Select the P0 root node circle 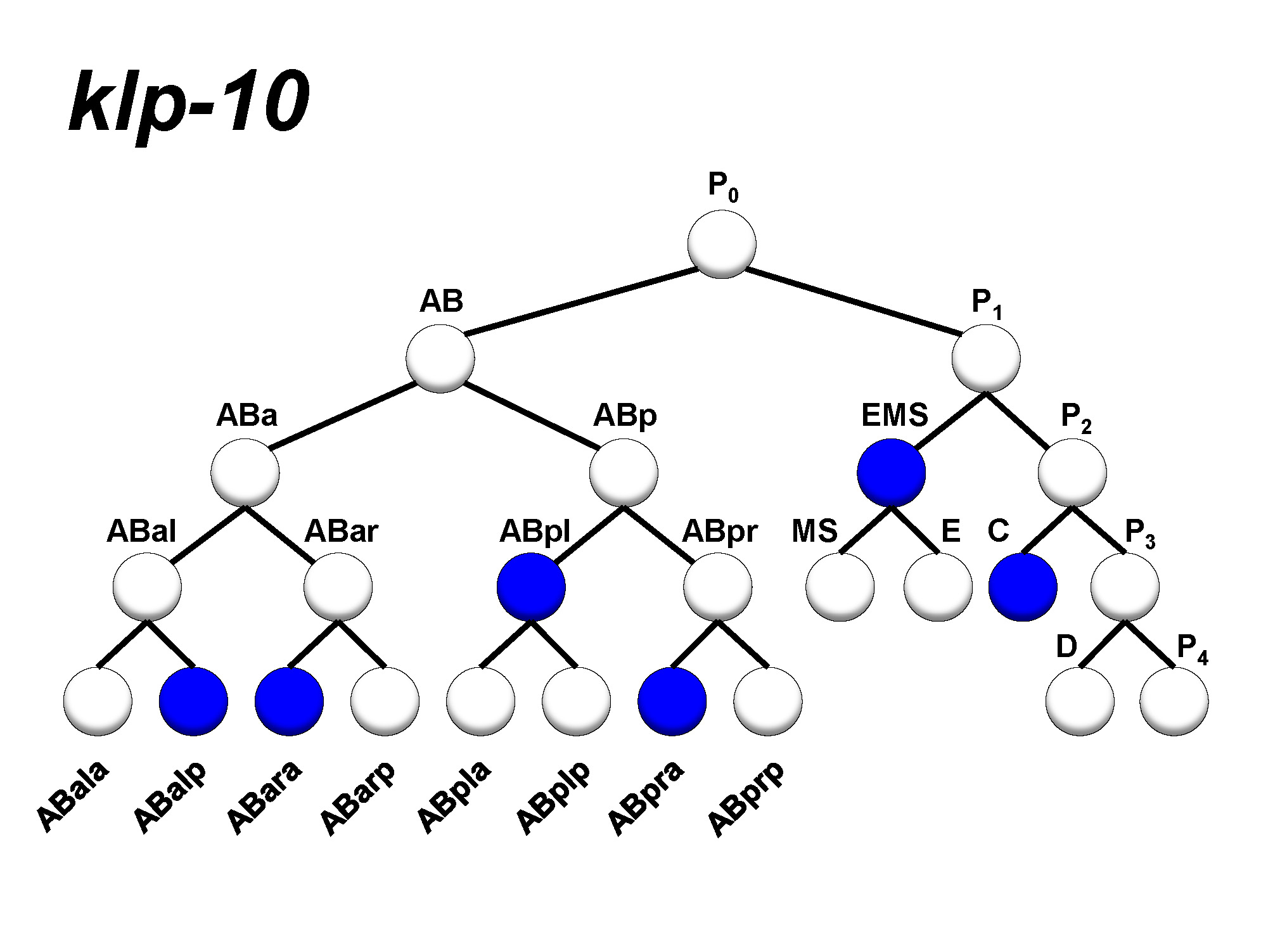tap(721, 245)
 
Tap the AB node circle tap(440, 359)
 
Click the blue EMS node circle tap(891, 473)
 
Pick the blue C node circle tap(1023, 587)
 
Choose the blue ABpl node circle tap(531, 587)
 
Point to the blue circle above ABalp tap(193, 701)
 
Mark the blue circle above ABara tap(289, 701)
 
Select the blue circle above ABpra tap(672, 701)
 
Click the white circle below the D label tap(1080, 701)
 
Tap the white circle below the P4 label tap(1174, 701)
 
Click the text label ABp tap(625, 416)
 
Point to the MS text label tap(814, 531)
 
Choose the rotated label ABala tap(72, 796)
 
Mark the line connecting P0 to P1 tap(852, 302)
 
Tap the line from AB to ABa tap(342, 416)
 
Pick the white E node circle tap(938, 587)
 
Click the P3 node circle tap(1125, 587)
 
